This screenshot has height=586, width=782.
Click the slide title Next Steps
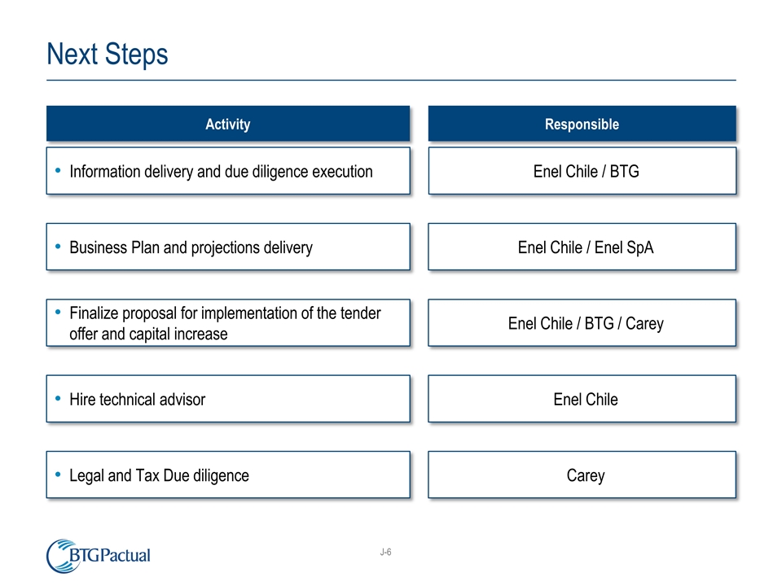[108, 55]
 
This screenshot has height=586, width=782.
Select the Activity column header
[227, 125]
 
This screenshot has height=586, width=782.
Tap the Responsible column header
[582, 125]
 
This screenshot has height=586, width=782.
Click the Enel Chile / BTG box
[582, 171]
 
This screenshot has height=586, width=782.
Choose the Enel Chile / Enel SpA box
[582, 247]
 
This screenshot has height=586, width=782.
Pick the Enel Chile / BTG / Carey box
[582, 323]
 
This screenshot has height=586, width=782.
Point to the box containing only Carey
[582, 475]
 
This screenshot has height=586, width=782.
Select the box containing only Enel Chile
[582, 399]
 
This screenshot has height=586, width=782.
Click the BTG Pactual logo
[99, 556]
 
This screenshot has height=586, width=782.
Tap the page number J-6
[385, 553]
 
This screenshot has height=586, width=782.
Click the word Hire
[84, 400]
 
